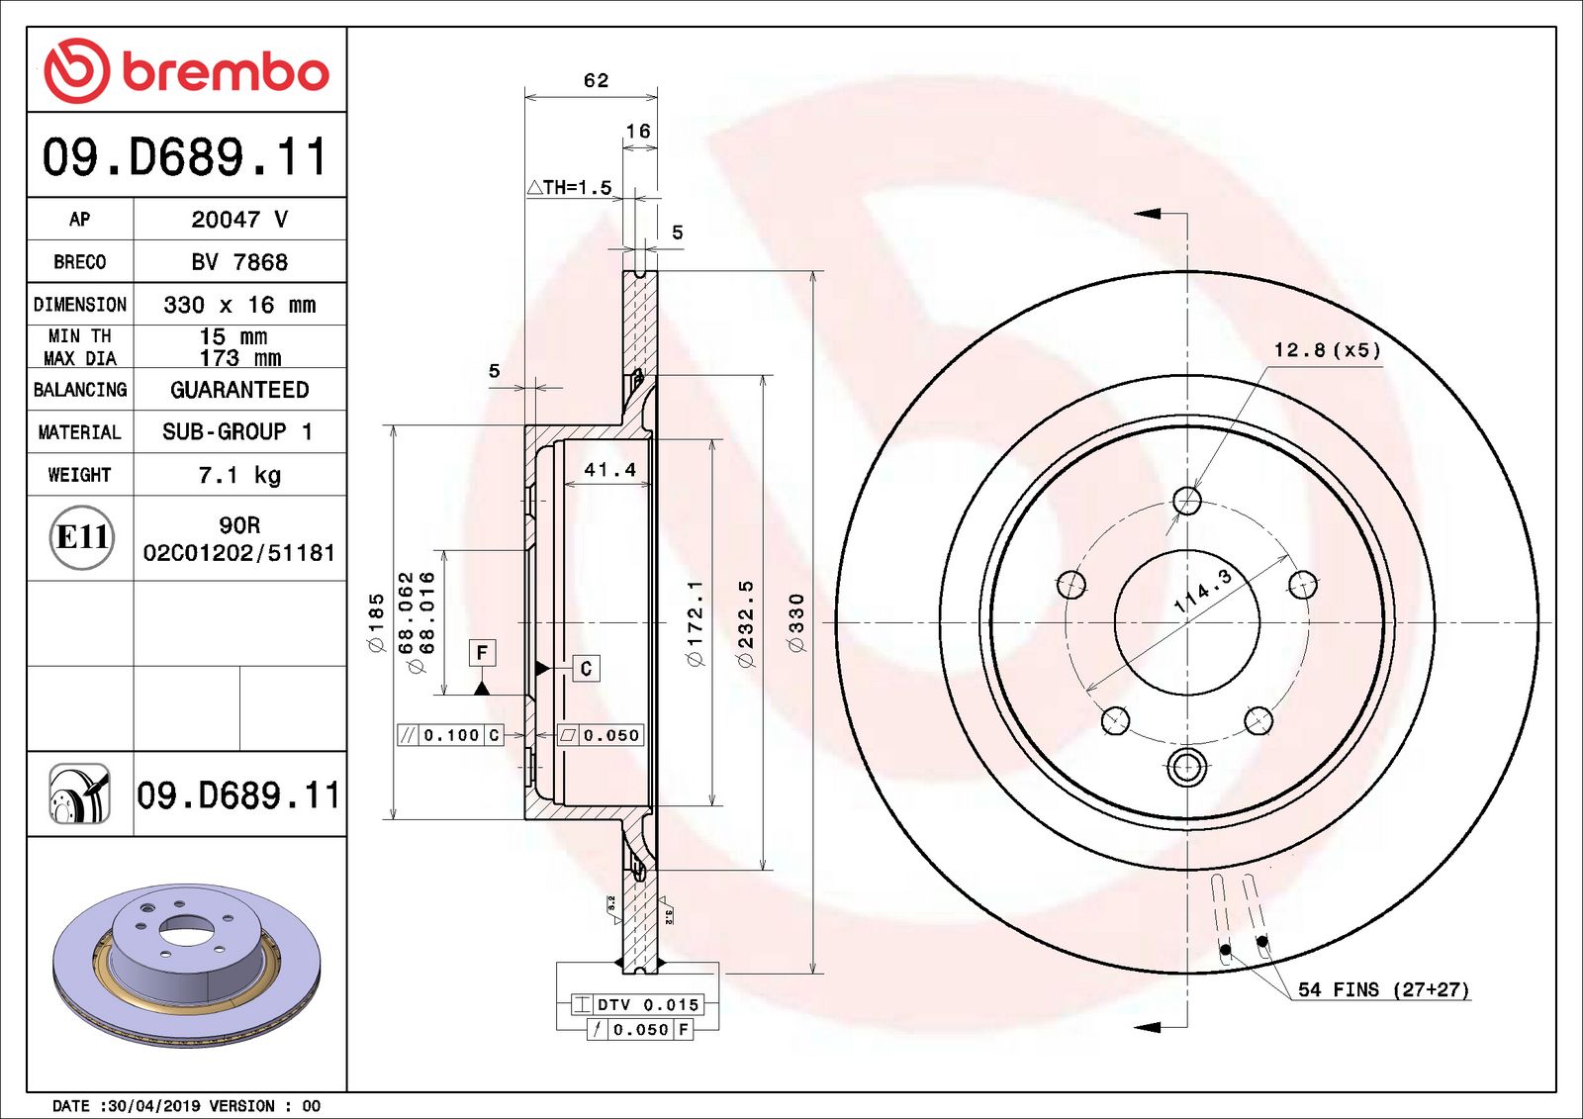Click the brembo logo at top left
pyautogui.click(x=186, y=71)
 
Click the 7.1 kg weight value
pyautogui.click(x=239, y=475)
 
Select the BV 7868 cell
pyautogui.click(x=239, y=262)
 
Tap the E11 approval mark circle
pyautogui.click(x=81, y=537)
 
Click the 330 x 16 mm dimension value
pyautogui.click(x=239, y=305)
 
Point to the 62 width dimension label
pyautogui.click(x=596, y=80)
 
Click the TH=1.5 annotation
pyautogui.click(x=571, y=187)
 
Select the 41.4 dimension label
pyautogui.click(x=609, y=470)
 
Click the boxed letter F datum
pyautogui.click(x=482, y=652)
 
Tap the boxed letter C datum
pyautogui.click(x=586, y=669)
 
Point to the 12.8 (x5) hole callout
pyautogui.click(x=1326, y=350)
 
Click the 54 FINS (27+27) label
pyautogui.click(x=1382, y=989)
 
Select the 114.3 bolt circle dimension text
pyautogui.click(x=1202, y=591)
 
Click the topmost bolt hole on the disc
pyautogui.click(x=1187, y=501)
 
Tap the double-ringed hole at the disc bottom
pyautogui.click(x=1186, y=766)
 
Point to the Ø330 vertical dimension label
pyautogui.click(x=796, y=622)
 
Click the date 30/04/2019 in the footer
pyautogui.click(x=153, y=1106)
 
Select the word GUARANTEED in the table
pyautogui.click(x=239, y=390)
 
